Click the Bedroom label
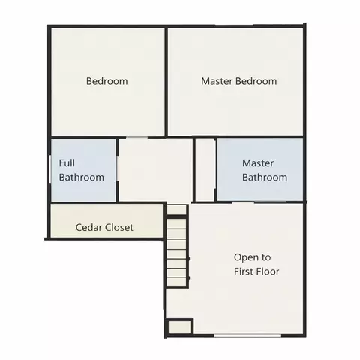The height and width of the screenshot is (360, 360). tap(107, 81)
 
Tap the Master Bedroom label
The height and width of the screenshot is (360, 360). tap(239, 81)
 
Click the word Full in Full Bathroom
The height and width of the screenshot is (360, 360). tap(67, 163)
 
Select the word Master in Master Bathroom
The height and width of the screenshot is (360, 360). tap(258, 163)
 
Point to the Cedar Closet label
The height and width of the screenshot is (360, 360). tap(104, 227)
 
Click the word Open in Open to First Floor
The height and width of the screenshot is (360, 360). tap(244, 257)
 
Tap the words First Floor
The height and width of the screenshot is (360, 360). tap(256, 271)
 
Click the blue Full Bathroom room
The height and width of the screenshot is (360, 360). tap(83, 170)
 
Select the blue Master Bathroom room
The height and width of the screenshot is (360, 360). tap(260, 169)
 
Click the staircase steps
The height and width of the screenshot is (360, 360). tap(176, 245)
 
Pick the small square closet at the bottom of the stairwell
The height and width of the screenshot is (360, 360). tap(179, 327)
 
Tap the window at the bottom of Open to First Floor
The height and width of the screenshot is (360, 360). tap(247, 335)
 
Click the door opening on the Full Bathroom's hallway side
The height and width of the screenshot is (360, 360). tap(117, 169)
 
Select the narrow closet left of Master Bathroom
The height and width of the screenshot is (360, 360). tap(205, 170)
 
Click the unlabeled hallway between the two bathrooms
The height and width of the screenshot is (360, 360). tap(155, 170)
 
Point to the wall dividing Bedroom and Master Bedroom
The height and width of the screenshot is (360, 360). tap(166, 82)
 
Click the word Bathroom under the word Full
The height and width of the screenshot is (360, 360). tap(82, 178)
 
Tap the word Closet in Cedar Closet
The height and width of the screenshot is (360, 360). tap(118, 227)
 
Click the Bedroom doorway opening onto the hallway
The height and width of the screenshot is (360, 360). tap(136, 137)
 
